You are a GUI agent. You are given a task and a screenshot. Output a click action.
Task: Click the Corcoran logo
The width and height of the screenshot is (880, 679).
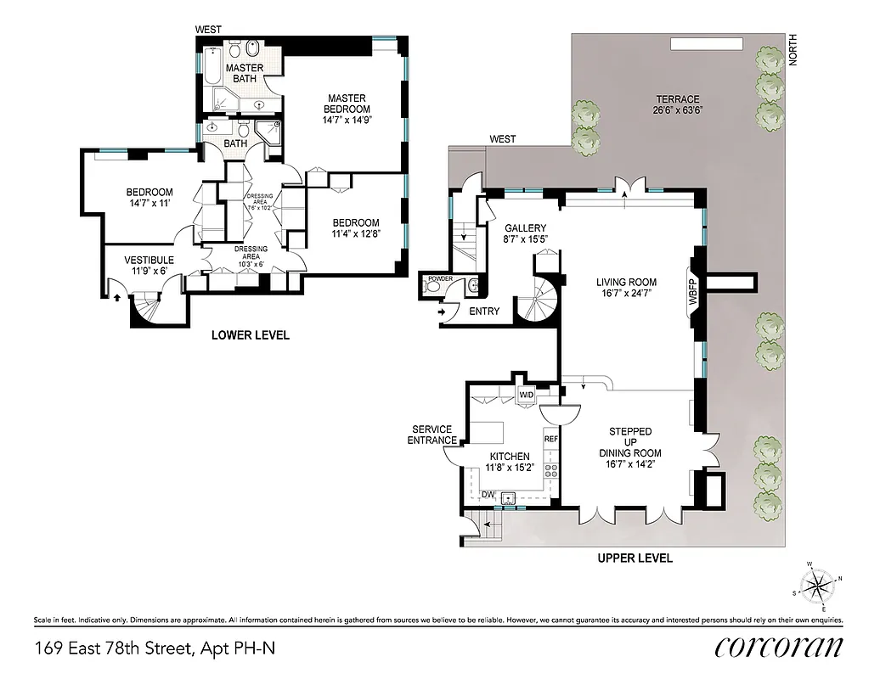point(779,648)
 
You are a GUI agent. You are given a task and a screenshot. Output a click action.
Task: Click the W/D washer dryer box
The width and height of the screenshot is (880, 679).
point(527,395)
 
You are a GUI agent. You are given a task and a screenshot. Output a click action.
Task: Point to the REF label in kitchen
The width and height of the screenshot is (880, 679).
point(550,439)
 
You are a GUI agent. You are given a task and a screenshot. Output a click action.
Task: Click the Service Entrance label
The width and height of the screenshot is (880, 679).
point(432,435)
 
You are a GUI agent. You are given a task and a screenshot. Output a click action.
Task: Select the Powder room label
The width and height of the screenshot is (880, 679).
point(439,278)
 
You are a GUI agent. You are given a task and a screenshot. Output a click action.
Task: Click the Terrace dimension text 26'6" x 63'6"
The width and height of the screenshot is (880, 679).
point(678,110)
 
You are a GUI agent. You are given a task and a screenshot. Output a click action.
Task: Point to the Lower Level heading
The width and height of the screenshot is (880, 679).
point(250,335)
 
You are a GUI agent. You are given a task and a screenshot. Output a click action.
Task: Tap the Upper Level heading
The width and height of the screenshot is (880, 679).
point(635,558)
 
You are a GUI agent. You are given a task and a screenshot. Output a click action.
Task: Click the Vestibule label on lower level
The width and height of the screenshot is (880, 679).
point(149,260)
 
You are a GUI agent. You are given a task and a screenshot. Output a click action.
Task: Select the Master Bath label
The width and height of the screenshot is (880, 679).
point(245,73)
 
